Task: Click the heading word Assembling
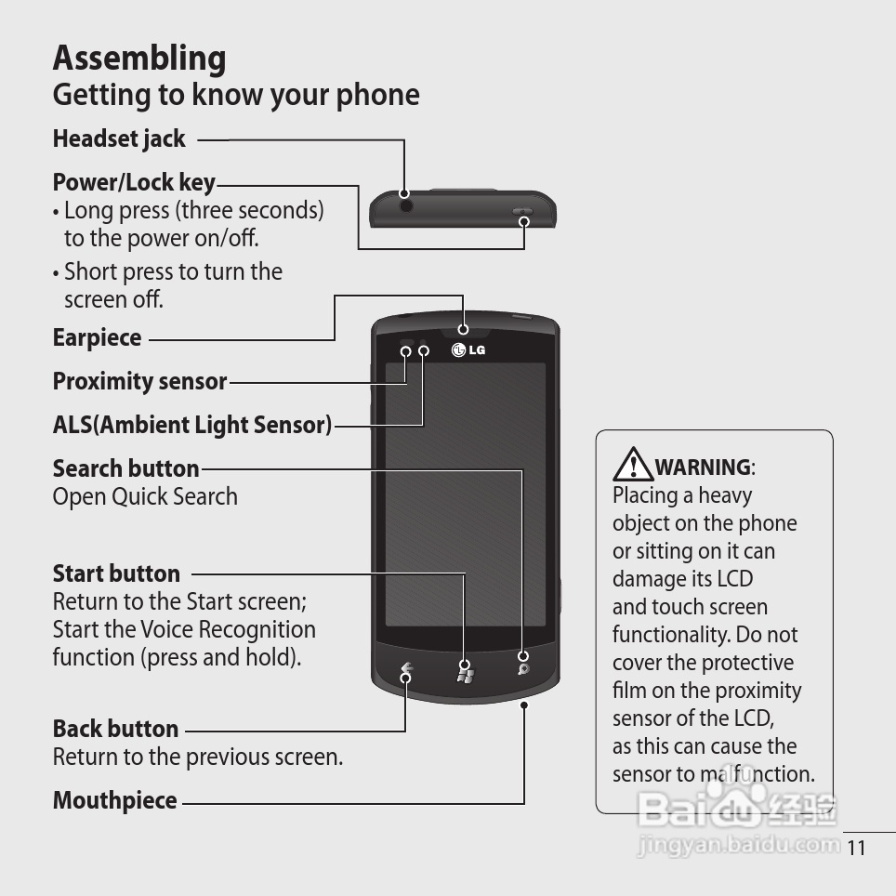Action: point(139,59)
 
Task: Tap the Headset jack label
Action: point(119,138)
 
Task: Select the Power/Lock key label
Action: point(134,183)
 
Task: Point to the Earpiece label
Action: point(98,338)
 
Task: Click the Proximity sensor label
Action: point(140,381)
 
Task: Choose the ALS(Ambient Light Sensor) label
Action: point(192,425)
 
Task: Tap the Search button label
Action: point(125,468)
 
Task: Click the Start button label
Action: point(116,573)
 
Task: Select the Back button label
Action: point(115,729)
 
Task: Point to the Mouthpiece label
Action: point(115,800)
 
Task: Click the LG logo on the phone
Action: point(468,349)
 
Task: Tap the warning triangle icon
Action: point(633,464)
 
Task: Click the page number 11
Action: point(855,848)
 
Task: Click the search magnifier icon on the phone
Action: point(523,669)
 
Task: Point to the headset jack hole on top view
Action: point(406,205)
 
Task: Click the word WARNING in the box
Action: point(703,468)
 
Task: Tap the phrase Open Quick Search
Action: point(145,496)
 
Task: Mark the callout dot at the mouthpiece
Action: point(524,705)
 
